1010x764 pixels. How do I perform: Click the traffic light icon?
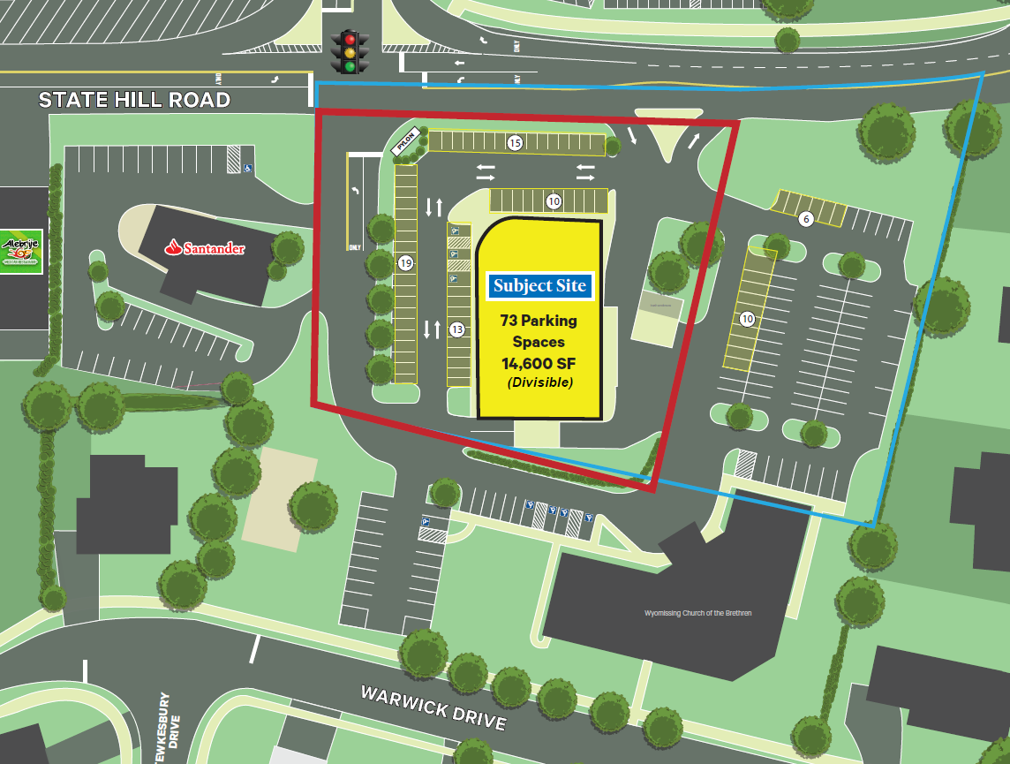[350, 52]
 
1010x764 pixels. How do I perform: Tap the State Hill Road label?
[134, 100]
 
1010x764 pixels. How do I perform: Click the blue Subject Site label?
[539, 285]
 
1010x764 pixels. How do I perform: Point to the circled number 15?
[515, 141]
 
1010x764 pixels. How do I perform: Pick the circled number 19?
[405, 262]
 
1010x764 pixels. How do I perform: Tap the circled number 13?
[457, 329]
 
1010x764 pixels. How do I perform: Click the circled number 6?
[804, 219]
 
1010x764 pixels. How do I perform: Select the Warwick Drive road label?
[433, 707]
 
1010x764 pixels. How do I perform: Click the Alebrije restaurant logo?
[20, 251]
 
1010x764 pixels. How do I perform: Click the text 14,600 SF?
[539, 363]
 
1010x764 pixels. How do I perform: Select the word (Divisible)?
[539, 383]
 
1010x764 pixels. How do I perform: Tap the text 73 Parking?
[539, 321]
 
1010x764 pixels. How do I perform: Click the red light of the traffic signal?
[350, 39]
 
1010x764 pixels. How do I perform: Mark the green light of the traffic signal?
[350, 65]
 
